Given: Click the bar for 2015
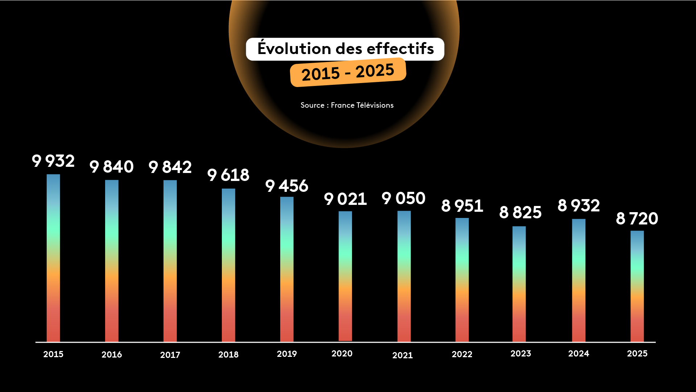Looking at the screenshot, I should [x=53, y=258].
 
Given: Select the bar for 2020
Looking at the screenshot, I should [x=345, y=276].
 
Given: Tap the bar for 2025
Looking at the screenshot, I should [x=637, y=286].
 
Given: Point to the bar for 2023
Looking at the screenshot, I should [x=519, y=284].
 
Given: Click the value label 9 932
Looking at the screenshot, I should [x=53, y=161].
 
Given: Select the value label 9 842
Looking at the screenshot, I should [x=170, y=167].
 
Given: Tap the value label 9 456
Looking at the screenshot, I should [x=287, y=186].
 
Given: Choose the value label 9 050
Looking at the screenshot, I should [x=403, y=198].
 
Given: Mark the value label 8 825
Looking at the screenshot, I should [x=520, y=212].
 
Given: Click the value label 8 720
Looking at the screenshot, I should [x=637, y=219].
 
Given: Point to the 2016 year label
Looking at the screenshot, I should [x=112, y=355].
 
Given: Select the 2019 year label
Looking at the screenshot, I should [x=287, y=354].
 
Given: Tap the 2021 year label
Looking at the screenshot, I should [x=402, y=355].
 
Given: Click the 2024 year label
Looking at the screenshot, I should [x=579, y=354].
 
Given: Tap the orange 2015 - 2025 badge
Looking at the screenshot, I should [x=348, y=73].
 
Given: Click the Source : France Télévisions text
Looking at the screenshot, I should [x=347, y=105].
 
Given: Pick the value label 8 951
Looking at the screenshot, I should [x=462, y=206].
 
